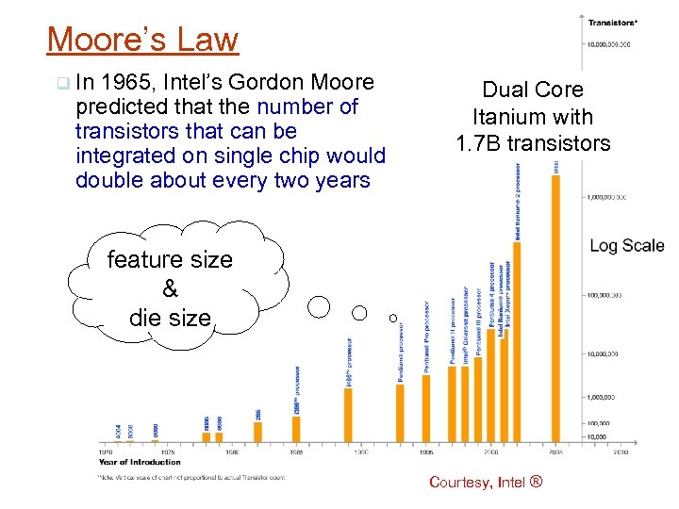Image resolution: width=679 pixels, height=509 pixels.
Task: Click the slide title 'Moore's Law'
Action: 142,40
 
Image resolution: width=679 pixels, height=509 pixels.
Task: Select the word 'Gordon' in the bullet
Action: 280,82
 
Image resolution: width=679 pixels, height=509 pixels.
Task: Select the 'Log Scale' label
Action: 627,245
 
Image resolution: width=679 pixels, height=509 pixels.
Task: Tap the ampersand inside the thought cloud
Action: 171,289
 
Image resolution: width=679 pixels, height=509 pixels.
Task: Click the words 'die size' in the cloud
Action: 171,318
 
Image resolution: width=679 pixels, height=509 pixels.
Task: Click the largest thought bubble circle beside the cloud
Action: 320,306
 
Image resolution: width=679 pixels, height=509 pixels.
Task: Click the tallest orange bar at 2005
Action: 555,307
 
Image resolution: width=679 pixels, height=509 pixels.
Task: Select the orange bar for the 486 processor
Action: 348,415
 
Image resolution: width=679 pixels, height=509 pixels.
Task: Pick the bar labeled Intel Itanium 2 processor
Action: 517,341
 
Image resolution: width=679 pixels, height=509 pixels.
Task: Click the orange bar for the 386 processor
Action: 296,429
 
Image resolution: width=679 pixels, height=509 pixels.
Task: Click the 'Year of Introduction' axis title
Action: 141,462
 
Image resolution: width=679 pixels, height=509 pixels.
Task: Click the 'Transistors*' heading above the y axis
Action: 613,23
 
